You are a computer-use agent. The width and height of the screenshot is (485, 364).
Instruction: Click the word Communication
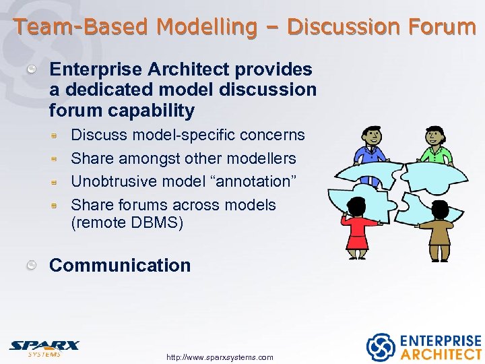(x=120, y=266)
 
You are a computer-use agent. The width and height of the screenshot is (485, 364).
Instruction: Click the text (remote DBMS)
(x=127, y=222)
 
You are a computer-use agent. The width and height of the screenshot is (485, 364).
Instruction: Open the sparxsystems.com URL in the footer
(x=219, y=357)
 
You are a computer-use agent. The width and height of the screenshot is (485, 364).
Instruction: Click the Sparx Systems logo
(x=44, y=347)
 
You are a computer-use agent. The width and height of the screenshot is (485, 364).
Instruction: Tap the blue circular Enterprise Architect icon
(x=381, y=347)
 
